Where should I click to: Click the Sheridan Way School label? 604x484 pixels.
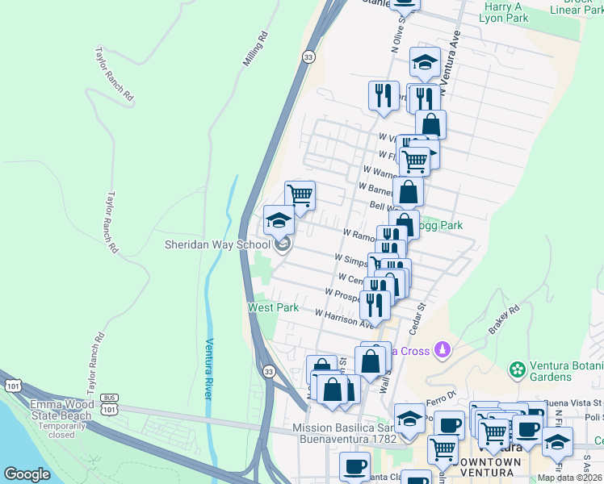[x=217, y=244]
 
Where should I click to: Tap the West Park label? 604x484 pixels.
[x=273, y=307]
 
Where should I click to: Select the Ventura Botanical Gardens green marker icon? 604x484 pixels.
[x=517, y=369]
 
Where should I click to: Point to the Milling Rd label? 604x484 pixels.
[x=254, y=49]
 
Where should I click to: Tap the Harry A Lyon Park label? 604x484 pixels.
[x=503, y=11]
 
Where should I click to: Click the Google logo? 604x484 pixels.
[x=27, y=474]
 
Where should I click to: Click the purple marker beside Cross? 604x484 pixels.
[x=441, y=350]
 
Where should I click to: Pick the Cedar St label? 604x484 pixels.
[x=417, y=318]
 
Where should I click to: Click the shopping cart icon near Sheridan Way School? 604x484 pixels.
[x=300, y=195]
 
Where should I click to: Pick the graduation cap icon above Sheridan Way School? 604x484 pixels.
[x=279, y=219]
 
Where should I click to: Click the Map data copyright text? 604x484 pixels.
[x=570, y=478]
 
